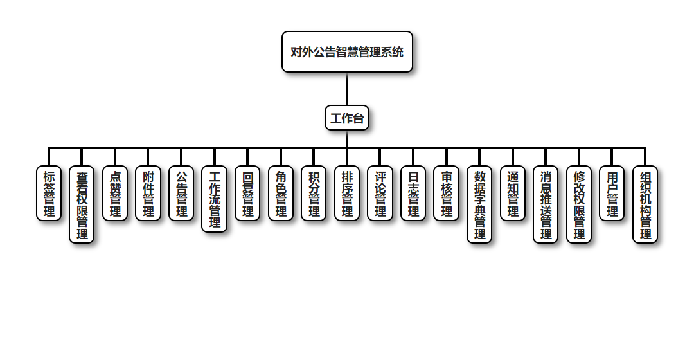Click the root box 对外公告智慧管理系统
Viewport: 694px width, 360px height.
coord(347,52)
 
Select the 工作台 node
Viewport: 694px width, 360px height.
coord(347,118)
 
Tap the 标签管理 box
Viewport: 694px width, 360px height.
coord(49,194)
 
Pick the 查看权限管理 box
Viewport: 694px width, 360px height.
coord(82,204)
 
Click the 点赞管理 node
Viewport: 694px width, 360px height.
coord(115,194)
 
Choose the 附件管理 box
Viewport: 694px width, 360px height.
coord(148,194)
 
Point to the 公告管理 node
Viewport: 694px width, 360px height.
coord(181,194)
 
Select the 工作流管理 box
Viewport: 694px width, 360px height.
coord(215,199)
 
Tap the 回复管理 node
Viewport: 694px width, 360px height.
coord(247,194)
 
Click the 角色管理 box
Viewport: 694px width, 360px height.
coord(281,194)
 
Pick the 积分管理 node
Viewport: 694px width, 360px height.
coord(314,194)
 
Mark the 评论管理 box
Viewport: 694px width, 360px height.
coord(380,194)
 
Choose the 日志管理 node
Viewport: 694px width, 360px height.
coord(413,194)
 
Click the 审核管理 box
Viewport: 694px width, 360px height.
coord(447,194)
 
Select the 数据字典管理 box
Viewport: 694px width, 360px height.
coord(479,204)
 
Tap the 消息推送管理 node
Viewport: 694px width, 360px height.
coord(546,204)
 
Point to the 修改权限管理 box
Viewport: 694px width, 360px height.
coord(579,204)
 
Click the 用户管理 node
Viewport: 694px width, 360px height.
coord(612,194)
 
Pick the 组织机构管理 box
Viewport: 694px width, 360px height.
coord(645,204)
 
